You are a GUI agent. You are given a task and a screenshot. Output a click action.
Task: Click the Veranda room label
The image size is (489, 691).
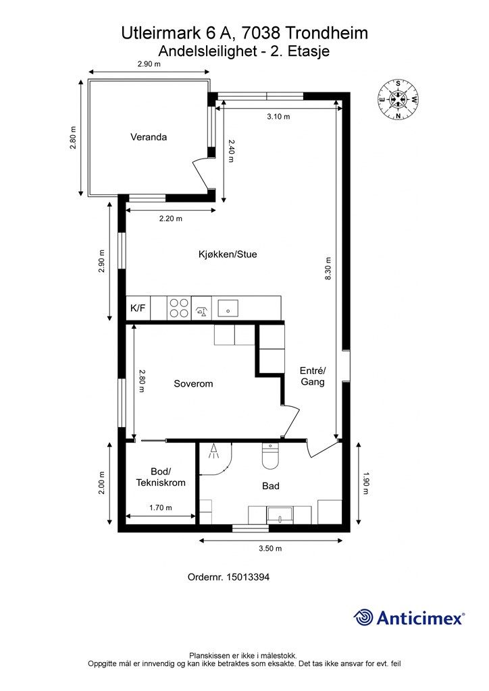[x=149, y=137]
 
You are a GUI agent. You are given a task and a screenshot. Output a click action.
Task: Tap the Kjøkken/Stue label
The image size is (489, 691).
[x=228, y=254]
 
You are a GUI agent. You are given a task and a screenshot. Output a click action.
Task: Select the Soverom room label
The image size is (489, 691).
[x=193, y=384]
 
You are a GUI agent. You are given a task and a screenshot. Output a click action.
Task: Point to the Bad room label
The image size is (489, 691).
[x=271, y=486]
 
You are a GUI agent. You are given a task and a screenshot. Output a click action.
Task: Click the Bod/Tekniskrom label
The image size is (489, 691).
[x=161, y=477]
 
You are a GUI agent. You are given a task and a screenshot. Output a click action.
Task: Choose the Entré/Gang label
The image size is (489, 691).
[x=313, y=377]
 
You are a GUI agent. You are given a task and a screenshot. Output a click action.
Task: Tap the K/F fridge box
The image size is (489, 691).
[x=138, y=308]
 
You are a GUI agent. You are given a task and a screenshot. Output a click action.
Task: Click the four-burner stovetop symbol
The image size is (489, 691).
[x=179, y=308]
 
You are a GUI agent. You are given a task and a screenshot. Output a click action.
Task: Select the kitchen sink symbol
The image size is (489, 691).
[x=228, y=308]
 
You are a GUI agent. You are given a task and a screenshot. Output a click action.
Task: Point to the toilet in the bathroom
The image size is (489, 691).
[x=270, y=455]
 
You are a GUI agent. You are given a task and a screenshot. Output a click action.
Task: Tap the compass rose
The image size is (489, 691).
[x=398, y=100]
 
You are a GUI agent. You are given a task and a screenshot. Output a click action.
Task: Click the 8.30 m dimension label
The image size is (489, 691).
[x=328, y=269]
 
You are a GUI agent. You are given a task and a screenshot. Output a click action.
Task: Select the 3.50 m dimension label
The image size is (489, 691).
[x=270, y=549]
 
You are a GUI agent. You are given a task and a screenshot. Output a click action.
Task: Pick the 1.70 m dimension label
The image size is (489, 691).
[x=161, y=507]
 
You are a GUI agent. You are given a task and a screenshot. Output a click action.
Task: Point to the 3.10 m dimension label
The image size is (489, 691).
[x=279, y=117]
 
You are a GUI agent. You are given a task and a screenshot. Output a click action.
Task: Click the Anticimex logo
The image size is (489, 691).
[x=409, y=617]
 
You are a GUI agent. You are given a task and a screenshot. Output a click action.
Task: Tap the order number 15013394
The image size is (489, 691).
[x=247, y=577]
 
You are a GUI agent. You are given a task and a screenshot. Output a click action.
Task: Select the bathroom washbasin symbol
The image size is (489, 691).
[x=280, y=515]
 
